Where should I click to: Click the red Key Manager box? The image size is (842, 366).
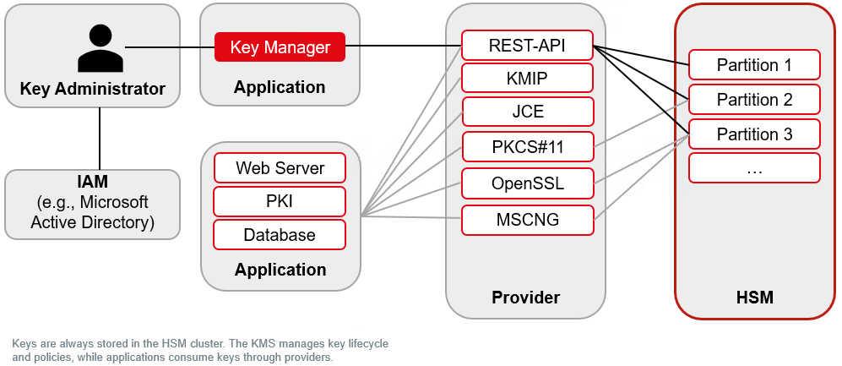(x=280, y=47)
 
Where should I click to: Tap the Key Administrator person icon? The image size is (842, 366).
(x=100, y=48)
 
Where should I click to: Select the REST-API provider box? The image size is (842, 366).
(x=528, y=46)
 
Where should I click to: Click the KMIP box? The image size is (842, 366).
(x=528, y=79)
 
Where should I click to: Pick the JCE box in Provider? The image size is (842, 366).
(x=528, y=112)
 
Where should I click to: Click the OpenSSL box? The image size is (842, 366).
(x=528, y=183)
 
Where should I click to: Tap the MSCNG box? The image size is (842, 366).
(x=528, y=220)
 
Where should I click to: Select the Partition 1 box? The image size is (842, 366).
(x=754, y=65)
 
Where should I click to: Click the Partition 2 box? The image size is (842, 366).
(x=754, y=100)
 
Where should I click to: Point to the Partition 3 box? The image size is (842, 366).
(x=754, y=134)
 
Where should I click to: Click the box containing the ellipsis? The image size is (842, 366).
(x=754, y=168)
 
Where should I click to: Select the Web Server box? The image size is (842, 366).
(x=280, y=167)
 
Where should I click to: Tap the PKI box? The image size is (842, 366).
(x=280, y=201)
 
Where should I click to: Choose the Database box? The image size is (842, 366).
(x=280, y=234)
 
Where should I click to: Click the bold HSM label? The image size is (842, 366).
(x=754, y=298)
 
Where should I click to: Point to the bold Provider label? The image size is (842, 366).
(x=525, y=298)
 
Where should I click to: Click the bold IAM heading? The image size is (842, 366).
(x=92, y=182)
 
